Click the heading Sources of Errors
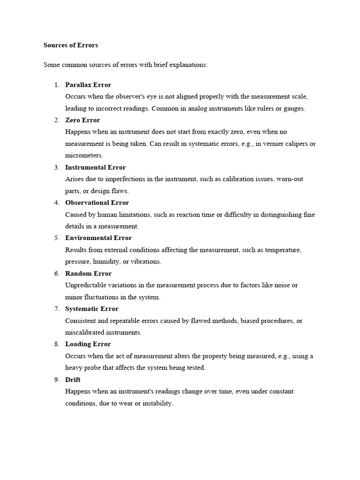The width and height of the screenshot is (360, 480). (x=71, y=45)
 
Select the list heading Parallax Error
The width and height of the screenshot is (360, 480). (x=88, y=85)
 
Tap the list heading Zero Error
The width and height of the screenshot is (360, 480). (x=82, y=120)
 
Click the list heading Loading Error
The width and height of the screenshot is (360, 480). (x=88, y=344)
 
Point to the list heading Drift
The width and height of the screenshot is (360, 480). (x=73, y=380)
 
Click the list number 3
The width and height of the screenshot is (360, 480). (x=56, y=167)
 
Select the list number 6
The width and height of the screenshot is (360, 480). (x=56, y=273)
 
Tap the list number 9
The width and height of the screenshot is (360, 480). (x=56, y=380)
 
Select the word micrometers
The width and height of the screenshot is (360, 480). (x=83, y=155)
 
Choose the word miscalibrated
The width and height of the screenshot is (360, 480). (x=86, y=332)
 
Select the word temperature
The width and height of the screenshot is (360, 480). (x=283, y=250)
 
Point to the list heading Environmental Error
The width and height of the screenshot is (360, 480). (x=98, y=238)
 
